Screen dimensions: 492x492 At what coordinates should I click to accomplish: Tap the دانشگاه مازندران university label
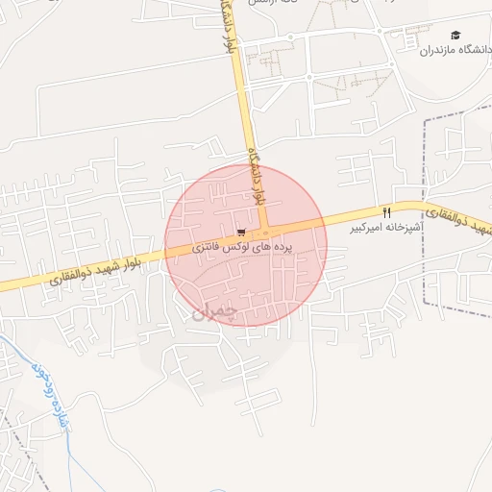455,50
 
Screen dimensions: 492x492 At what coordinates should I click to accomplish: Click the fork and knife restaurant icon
387,212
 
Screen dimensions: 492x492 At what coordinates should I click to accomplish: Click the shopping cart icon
240,232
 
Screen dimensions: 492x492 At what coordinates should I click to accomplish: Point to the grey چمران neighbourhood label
211,309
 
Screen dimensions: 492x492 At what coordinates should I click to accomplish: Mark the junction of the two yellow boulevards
265,233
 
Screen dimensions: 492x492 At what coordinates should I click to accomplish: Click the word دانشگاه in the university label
474,50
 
